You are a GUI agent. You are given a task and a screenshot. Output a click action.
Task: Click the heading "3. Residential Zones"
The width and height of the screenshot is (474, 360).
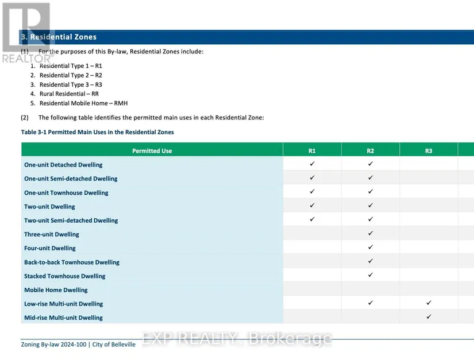click(x=59, y=37)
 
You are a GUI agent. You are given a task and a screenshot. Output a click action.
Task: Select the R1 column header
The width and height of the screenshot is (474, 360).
click(x=312, y=151)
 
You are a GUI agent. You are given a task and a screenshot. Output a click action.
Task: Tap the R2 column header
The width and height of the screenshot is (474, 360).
click(x=371, y=151)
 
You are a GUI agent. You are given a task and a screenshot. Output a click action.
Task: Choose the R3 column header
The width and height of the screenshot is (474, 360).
click(x=429, y=151)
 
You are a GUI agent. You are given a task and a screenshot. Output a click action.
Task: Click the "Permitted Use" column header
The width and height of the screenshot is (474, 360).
click(x=152, y=151)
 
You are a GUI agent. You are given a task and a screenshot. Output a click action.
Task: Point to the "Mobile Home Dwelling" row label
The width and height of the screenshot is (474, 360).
click(x=56, y=290)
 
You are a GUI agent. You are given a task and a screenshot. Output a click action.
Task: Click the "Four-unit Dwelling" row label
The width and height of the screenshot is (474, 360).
click(x=50, y=248)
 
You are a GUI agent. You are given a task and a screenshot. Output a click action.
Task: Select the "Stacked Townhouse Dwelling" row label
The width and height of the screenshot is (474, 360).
click(x=65, y=276)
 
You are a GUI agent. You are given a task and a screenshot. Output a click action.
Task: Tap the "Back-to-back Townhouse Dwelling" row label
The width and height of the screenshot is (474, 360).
click(x=72, y=262)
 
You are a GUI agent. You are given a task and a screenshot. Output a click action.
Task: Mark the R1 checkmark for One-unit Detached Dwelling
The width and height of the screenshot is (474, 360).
click(x=312, y=164)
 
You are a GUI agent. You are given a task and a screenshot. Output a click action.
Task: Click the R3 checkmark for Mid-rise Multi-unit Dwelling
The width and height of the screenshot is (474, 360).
click(x=429, y=317)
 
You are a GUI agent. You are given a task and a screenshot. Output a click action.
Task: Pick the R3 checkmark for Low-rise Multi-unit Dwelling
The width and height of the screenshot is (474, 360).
click(x=429, y=303)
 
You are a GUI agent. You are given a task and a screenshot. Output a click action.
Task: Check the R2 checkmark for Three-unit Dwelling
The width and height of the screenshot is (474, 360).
click(x=371, y=234)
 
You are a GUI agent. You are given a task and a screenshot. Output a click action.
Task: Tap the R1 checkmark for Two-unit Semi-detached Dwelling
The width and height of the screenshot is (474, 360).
click(x=312, y=219)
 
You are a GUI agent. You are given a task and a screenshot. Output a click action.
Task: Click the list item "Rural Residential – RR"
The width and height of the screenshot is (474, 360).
click(x=69, y=94)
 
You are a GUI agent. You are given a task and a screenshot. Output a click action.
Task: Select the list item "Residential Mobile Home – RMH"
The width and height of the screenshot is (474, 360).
click(x=83, y=103)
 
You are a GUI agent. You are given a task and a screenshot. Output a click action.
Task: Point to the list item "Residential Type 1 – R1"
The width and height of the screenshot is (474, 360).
click(x=71, y=66)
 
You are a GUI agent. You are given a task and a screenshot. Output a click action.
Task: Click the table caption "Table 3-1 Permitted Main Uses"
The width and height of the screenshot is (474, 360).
click(x=97, y=132)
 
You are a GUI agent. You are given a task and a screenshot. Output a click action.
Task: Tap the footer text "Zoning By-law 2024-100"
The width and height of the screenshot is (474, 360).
click(x=53, y=344)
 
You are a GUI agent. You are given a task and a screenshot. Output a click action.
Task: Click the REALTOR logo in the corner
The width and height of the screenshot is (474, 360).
click(x=26, y=32)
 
